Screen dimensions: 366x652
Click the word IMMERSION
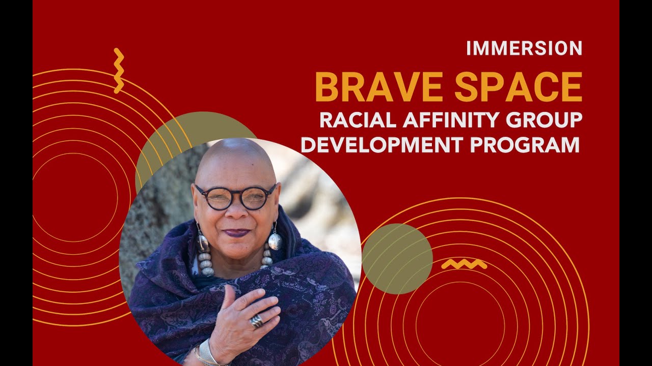[524, 48]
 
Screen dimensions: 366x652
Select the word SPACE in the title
[518, 87]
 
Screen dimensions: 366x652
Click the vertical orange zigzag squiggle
[119, 71]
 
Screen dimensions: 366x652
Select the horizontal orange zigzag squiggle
[464, 264]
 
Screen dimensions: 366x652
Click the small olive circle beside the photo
[397, 259]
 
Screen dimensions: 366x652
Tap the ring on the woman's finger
[257, 321]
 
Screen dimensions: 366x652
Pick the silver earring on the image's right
[275, 240]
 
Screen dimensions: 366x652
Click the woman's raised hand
[244, 318]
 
